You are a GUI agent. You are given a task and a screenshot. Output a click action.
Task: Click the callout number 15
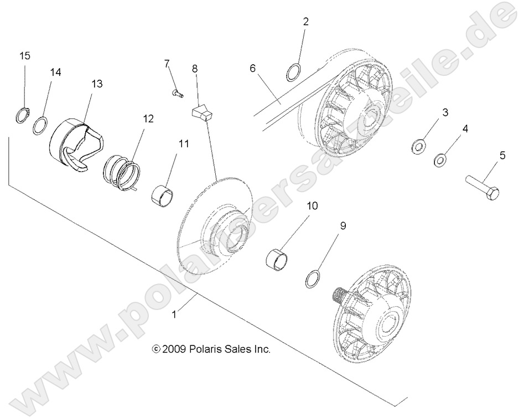tap(24, 56)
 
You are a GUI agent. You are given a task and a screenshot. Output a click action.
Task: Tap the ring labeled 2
tap(295, 72)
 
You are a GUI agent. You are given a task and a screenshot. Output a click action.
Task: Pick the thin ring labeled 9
tap(313, 278)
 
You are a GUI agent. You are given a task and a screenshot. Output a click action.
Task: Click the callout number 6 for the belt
tap(252, 69)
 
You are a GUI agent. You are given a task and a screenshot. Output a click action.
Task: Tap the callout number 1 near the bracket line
tap(174, 314)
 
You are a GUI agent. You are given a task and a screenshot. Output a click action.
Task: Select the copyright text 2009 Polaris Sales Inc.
tap(211, 349)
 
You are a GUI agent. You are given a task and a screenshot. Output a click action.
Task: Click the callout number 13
tap(97, 84)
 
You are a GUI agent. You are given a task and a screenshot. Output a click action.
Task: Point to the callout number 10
tap(312, 205)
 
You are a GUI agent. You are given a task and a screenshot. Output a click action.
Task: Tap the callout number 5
tap(502, 156)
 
